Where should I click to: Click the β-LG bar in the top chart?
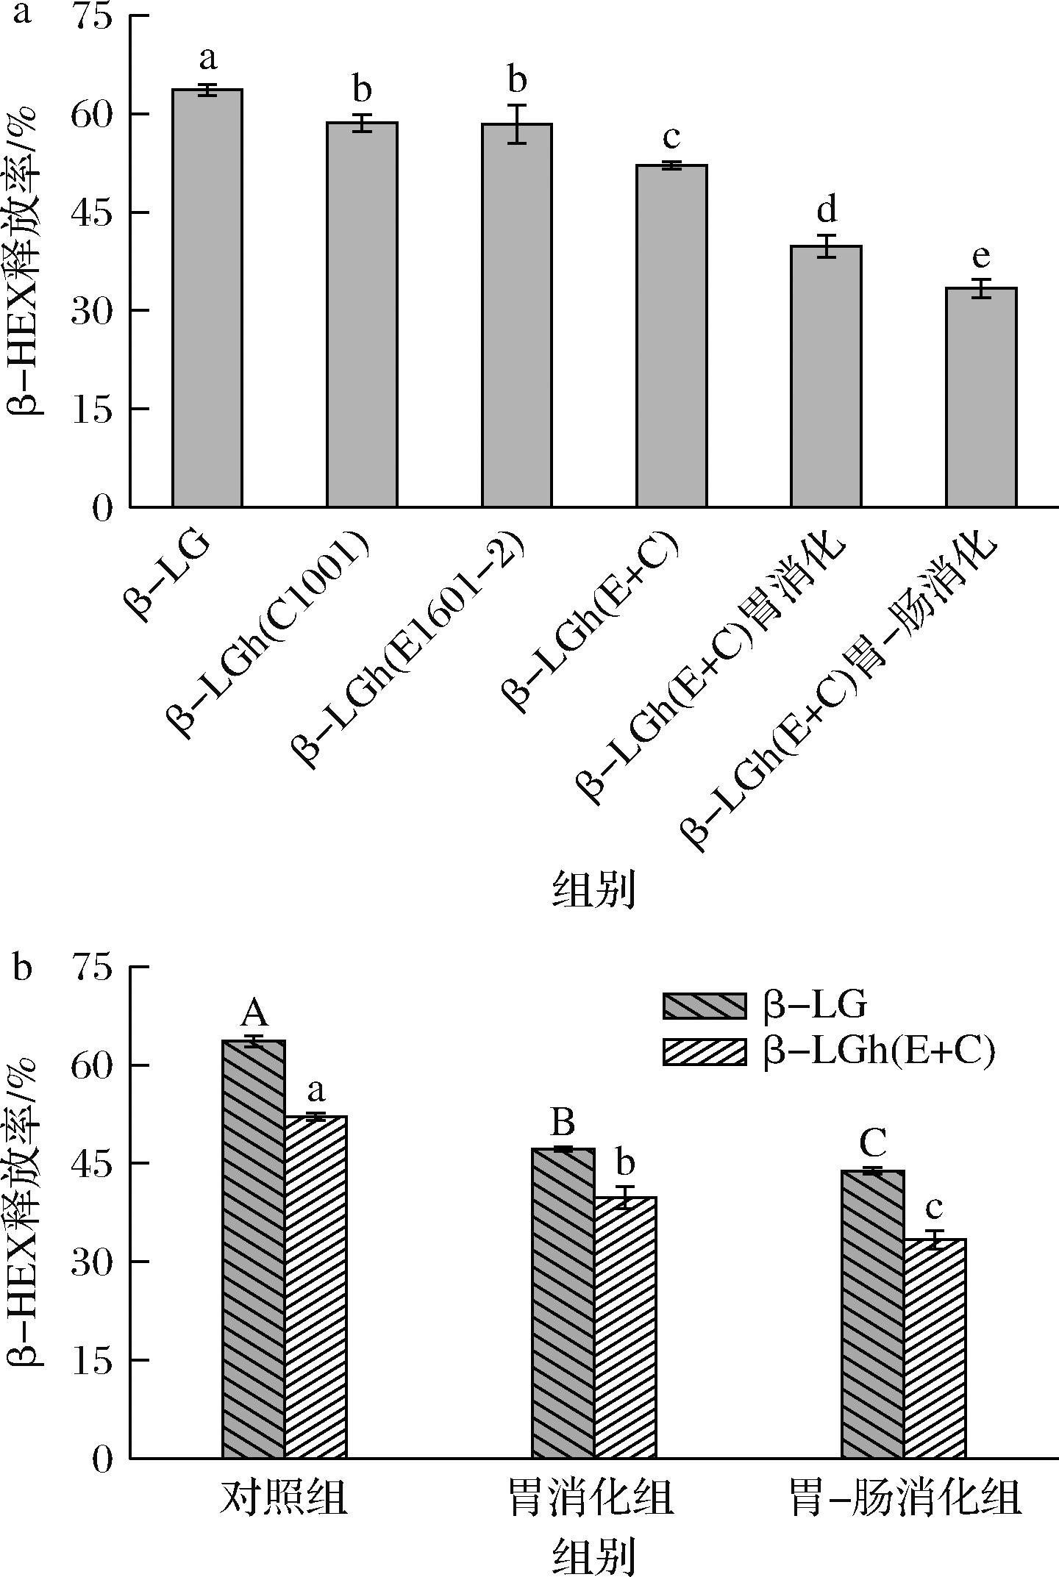207,298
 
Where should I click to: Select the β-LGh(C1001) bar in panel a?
362,315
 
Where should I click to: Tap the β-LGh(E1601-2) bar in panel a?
517,315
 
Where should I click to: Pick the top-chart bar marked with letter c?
671,336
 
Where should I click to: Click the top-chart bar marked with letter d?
826,376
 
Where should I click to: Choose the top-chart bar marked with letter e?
981,397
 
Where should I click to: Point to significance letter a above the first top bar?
208,58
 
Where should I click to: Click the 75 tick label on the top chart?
92,16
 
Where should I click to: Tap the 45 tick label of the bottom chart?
92,1163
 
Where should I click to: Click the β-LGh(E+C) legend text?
879,1051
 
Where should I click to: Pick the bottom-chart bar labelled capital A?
253,1249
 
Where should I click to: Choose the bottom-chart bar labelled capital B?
563,1303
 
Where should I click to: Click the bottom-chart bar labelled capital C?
873,1315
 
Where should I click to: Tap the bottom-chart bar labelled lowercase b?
625,1328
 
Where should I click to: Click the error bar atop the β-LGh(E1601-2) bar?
517,124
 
